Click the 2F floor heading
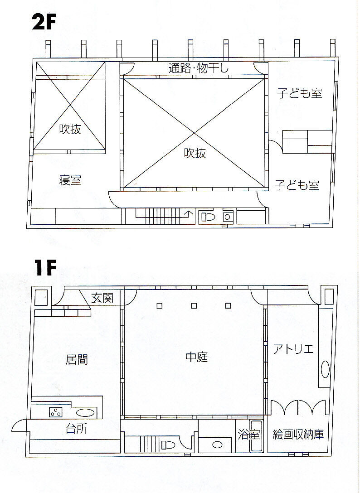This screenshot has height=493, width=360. point(44,22)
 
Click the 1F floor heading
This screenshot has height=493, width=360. point(45,268)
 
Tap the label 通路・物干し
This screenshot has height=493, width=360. point(199,68)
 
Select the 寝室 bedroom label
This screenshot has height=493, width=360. point(70,180)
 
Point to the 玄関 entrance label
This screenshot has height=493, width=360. point(102,297)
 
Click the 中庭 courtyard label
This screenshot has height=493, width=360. point(197,357)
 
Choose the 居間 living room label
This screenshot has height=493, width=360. point(77,359)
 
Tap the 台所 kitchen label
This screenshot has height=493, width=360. point(76,429)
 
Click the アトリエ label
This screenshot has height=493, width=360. point(293,349)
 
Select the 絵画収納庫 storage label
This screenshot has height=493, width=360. point(298,435)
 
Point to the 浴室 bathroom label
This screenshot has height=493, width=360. point(248,435)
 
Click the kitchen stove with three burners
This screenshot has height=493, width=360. point(56,412)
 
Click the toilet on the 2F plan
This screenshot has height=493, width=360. point(208,217)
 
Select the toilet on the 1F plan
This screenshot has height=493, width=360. point(168,445)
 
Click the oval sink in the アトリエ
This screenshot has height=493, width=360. point(325,369)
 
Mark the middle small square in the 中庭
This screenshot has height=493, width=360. point(194,305)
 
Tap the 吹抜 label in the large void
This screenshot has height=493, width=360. point(195,153)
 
